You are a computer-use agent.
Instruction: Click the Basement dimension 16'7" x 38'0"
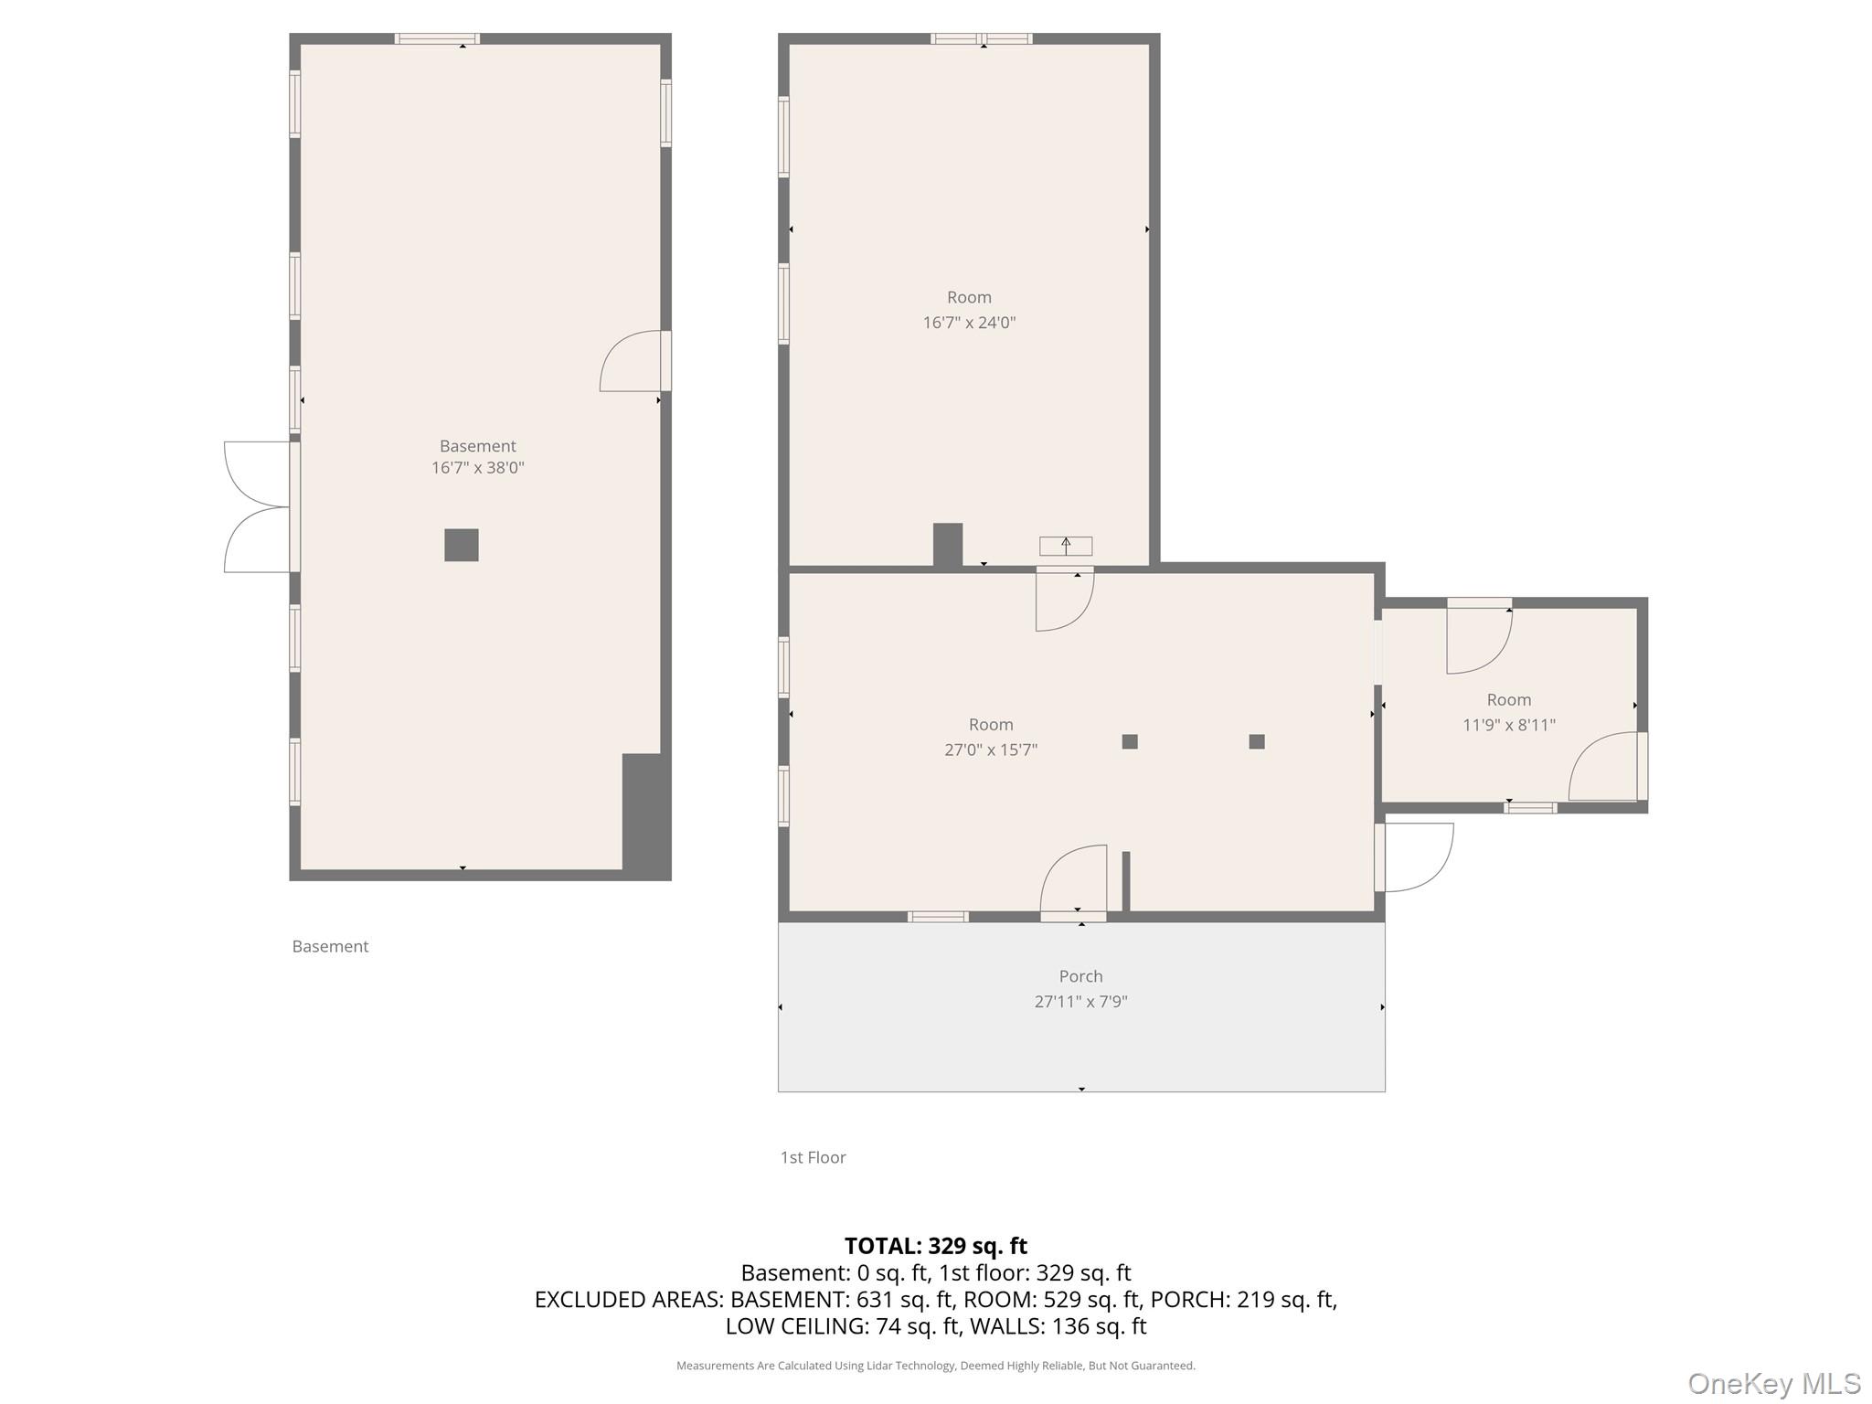tap(477, 468)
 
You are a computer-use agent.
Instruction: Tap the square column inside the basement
tap(462, 545)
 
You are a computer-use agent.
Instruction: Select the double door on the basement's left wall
tap(258, 507)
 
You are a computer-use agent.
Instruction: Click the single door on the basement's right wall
tap(633, 362)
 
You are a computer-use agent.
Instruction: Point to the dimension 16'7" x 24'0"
tap(969, 323)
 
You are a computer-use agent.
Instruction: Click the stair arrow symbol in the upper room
tap(1066, 546)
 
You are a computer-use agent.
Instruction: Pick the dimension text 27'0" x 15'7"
tap(991, 750)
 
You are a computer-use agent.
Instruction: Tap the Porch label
tap(1080, 976)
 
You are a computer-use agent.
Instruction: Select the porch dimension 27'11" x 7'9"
tap(1080, 1002)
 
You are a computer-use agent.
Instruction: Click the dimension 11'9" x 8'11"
tap(1508, 725)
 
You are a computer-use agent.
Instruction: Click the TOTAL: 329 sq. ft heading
tap(935, 1246)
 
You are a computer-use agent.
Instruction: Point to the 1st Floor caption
tap(813, 1157)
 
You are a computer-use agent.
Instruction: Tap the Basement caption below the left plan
tap(330, 947)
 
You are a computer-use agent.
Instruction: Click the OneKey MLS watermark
tap(1773, 1384)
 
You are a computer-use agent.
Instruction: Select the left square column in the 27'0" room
tap(1130, 741)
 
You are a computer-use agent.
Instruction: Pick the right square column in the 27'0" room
tap(1257, 741)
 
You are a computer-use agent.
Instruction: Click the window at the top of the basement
tap(437, 38)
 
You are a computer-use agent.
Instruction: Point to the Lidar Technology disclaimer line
tap(935, 1366)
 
